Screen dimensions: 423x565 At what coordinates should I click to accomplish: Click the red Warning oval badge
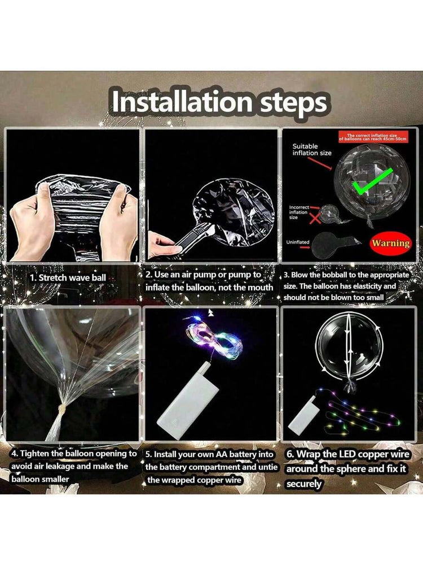pos(391,243)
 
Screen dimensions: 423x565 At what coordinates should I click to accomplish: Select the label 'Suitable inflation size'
pos(311,150)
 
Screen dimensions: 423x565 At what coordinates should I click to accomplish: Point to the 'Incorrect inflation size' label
pos(298,212)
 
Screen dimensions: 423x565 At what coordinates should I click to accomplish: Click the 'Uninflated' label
pos(297,242)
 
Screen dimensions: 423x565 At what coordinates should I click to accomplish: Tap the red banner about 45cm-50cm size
pos(373,137)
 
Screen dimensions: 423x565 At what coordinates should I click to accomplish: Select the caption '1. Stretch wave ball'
pos(68,278)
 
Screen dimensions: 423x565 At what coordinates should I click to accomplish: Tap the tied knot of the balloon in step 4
pos(63,408)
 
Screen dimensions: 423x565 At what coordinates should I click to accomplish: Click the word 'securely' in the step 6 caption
pos(304,484)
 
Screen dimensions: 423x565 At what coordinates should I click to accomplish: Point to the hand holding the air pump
pos(164,245)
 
